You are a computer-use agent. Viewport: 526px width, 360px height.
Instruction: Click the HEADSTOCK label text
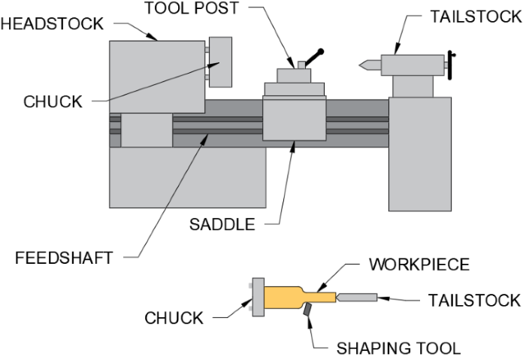(x=52, y=23)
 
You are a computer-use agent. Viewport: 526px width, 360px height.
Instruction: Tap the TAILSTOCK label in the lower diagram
(x=473, y=300)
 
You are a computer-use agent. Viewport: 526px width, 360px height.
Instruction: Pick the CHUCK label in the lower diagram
(x=174, y=318)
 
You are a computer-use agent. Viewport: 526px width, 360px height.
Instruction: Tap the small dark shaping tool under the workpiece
(x=309, y=310)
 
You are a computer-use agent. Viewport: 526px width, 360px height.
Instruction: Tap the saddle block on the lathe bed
(x=293, y=119)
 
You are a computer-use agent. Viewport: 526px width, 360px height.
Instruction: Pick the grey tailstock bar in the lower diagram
(x=358, y=298)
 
